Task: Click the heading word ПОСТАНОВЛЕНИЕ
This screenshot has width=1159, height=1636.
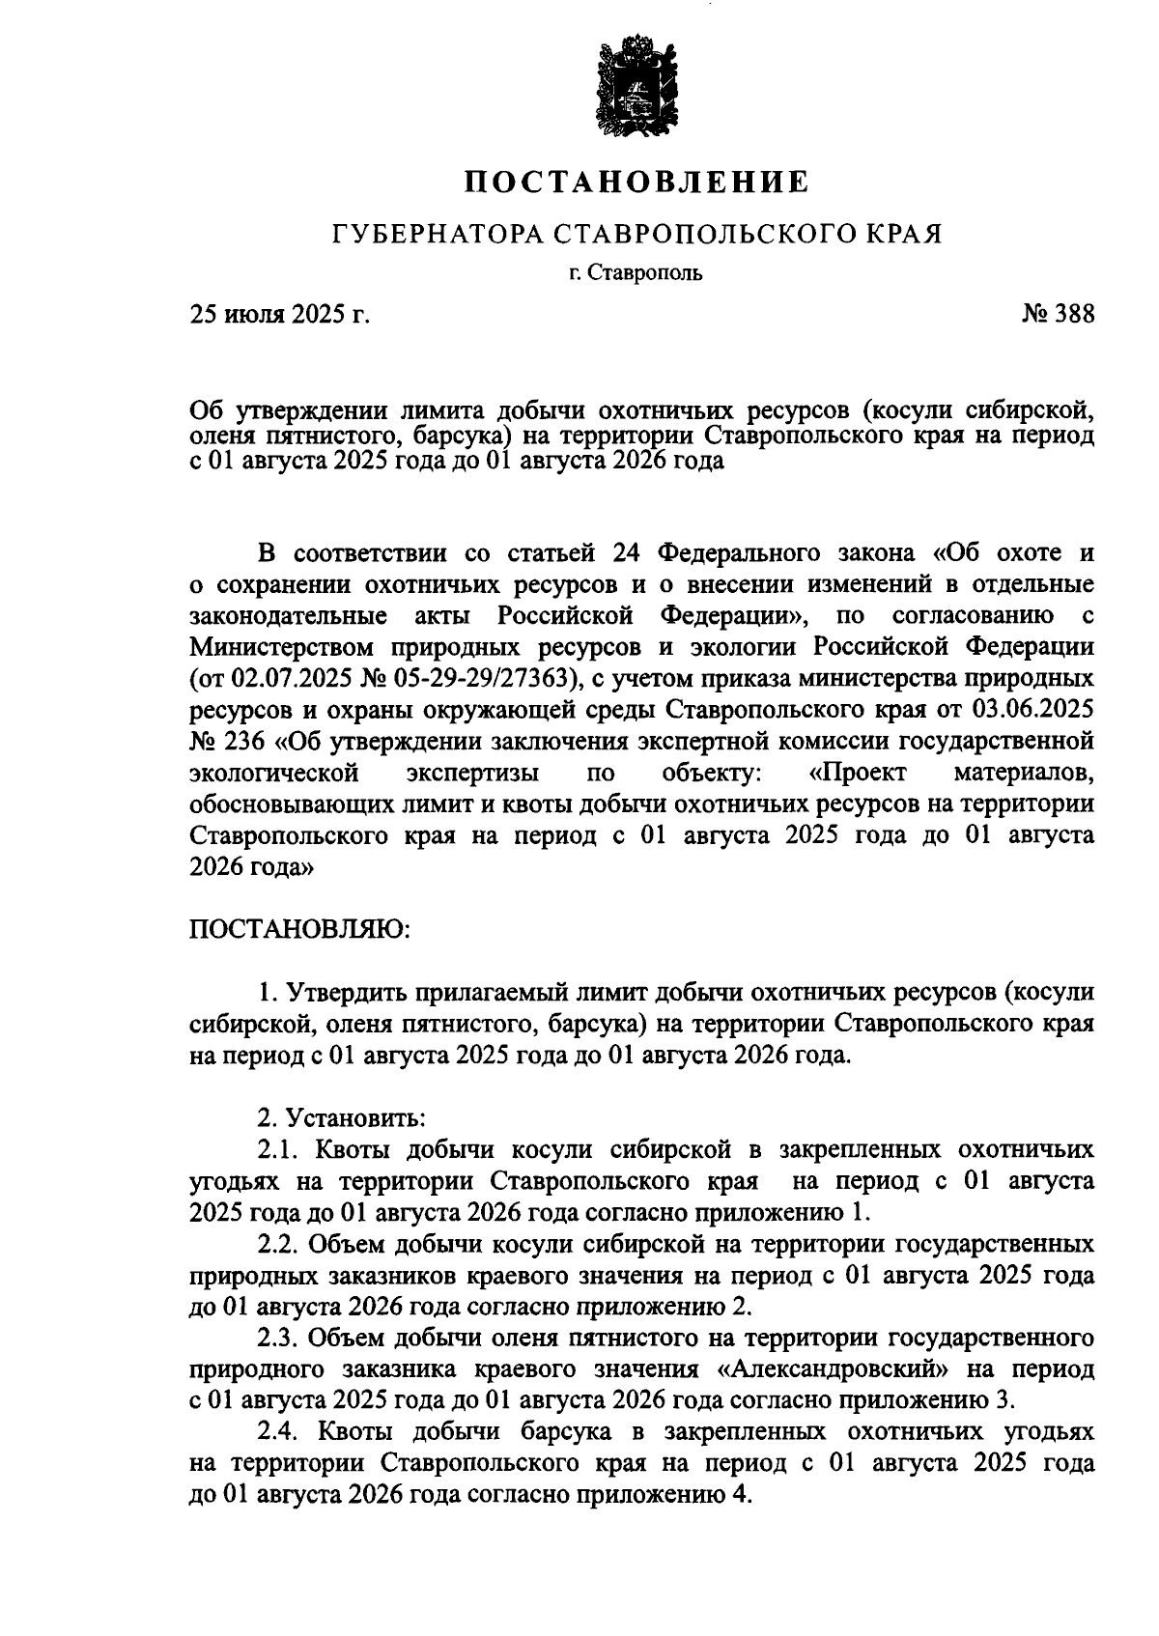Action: pos(635,181)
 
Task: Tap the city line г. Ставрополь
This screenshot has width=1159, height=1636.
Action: pos(635,272)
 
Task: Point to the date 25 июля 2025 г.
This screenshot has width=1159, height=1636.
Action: pos(280,315)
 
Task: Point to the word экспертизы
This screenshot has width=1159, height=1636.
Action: pos(473,773)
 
